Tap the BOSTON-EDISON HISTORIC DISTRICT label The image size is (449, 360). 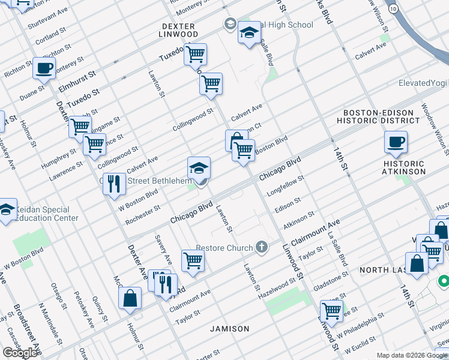click(x=384, y=116)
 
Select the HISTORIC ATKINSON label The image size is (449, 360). click(x=403, y=167)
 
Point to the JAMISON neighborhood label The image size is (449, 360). click(x=229, y=329)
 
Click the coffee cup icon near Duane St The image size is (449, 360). click(x=44, y=68)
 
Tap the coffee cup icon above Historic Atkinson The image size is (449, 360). click(x=396, y=143)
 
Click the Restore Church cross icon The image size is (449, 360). click(x=261, y=246)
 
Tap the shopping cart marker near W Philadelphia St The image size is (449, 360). click(x=331, y=311)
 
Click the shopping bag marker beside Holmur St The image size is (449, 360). click(x=130, y=298)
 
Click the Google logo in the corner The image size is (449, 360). click(x=20, y=353)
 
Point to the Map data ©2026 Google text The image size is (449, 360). click(x=412, y=355)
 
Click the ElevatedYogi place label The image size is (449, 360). click(x=423, y=83)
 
